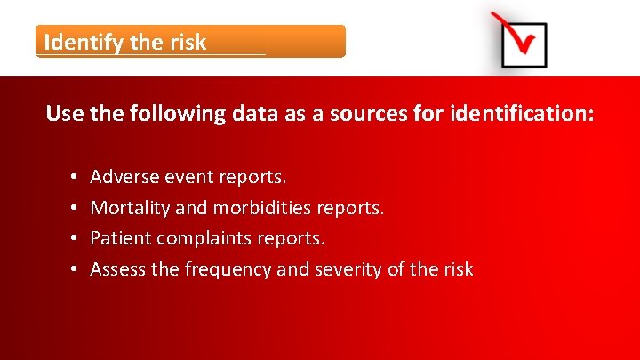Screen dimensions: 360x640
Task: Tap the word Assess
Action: point(117,268)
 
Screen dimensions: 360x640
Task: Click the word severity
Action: point(348,268)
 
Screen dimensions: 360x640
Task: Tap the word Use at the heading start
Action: point(63,114)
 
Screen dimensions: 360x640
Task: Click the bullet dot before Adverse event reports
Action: point(70,179)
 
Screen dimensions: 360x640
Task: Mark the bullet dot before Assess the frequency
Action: point(70,269)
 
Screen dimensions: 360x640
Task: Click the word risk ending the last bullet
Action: point(457,268)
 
